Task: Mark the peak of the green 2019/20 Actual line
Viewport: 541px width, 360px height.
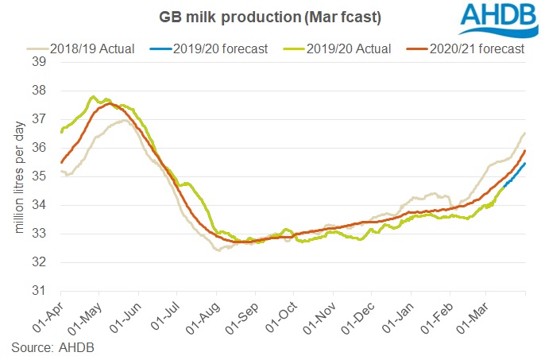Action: click(94, 98)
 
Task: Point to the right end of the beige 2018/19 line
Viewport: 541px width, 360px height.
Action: click(525, 133)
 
